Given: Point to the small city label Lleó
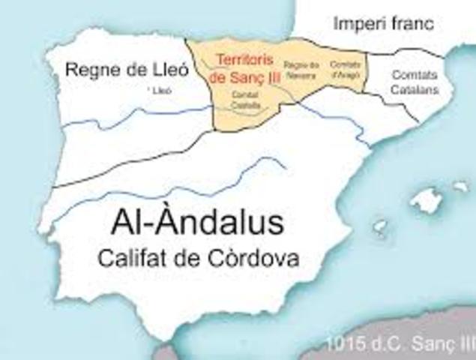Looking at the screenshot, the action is pyautogui.click(x=160, y=90).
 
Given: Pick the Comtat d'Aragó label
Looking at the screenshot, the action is pyautogui.click(x=344, y=69).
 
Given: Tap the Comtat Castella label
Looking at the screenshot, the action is pyautogui.click(x=244, y=100).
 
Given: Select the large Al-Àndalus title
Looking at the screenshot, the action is pyautogui.click(x=198, y=223).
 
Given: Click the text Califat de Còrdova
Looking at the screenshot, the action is pyautogui.click(x=198, y=259).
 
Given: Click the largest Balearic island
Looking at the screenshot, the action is pyautogui.click(x=428, y=199).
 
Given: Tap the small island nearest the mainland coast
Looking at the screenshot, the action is pyautogui.click(x=380, y=226).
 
